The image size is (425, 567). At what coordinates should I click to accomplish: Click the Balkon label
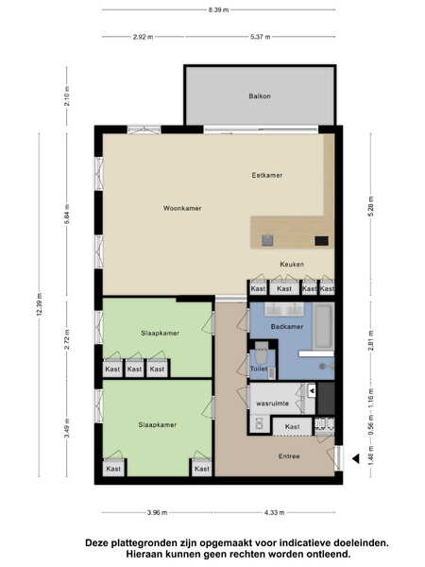coord(260,96)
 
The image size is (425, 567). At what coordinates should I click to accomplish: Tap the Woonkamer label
coord(182,208)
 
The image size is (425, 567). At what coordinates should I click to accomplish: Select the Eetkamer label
coord(267,176)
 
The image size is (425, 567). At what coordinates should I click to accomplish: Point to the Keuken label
coord(292,265)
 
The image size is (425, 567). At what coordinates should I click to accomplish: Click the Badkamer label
coord(287,327)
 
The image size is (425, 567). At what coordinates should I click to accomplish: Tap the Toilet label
coord(259,369)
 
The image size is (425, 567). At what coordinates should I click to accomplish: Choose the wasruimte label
coord(273,404)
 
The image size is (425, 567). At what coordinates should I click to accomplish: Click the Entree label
coord(289,456)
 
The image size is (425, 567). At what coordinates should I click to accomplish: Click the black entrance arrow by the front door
coord(356,459)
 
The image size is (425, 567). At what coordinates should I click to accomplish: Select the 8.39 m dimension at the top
coord(218,10)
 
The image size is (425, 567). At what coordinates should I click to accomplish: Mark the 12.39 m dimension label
coord(40,303)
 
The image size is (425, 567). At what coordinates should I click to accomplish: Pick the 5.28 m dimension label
coord(371,206)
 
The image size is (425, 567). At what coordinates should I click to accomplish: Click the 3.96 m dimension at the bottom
coord(157,512)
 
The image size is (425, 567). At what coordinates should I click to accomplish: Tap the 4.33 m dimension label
coord(274,512)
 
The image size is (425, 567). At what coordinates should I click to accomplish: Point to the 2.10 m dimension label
coord(67,95)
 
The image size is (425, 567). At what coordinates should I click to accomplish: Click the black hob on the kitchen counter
coord(321,241)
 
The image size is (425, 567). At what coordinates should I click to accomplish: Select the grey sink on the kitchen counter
coord(267,240)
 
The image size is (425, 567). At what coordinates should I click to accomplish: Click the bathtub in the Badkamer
coord(323,326)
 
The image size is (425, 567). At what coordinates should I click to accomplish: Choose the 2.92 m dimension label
coord(143,37)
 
